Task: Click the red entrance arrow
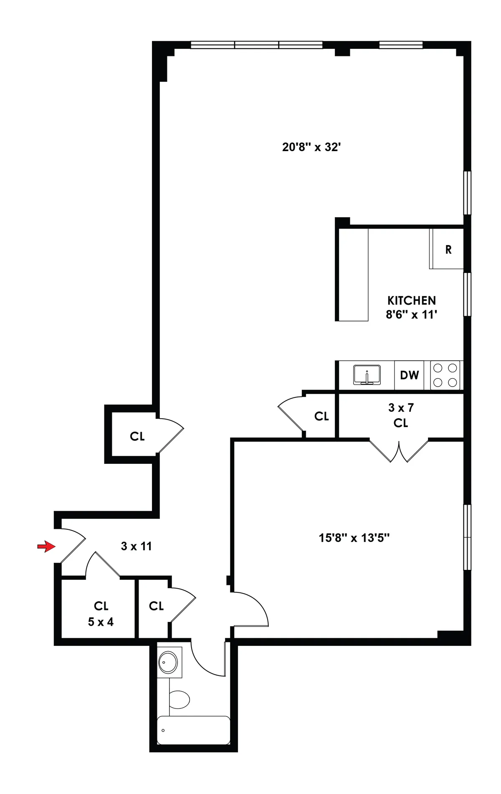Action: point(46,546)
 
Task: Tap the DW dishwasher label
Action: point(409,375)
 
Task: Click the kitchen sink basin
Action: point(367,374)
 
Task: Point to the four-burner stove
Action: point(445,375)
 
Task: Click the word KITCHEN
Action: point(411,301)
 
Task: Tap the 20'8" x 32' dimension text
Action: point(311,147)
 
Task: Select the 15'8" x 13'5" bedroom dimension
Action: point(354,538)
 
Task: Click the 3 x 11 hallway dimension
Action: point(136,546)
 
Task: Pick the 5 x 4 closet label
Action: point(101,622)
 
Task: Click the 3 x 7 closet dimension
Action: point(401,407)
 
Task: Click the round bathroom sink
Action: point(168,662)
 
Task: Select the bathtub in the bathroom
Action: point(194,730)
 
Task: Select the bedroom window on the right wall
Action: point(468,537)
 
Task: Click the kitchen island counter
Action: point(353,275)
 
